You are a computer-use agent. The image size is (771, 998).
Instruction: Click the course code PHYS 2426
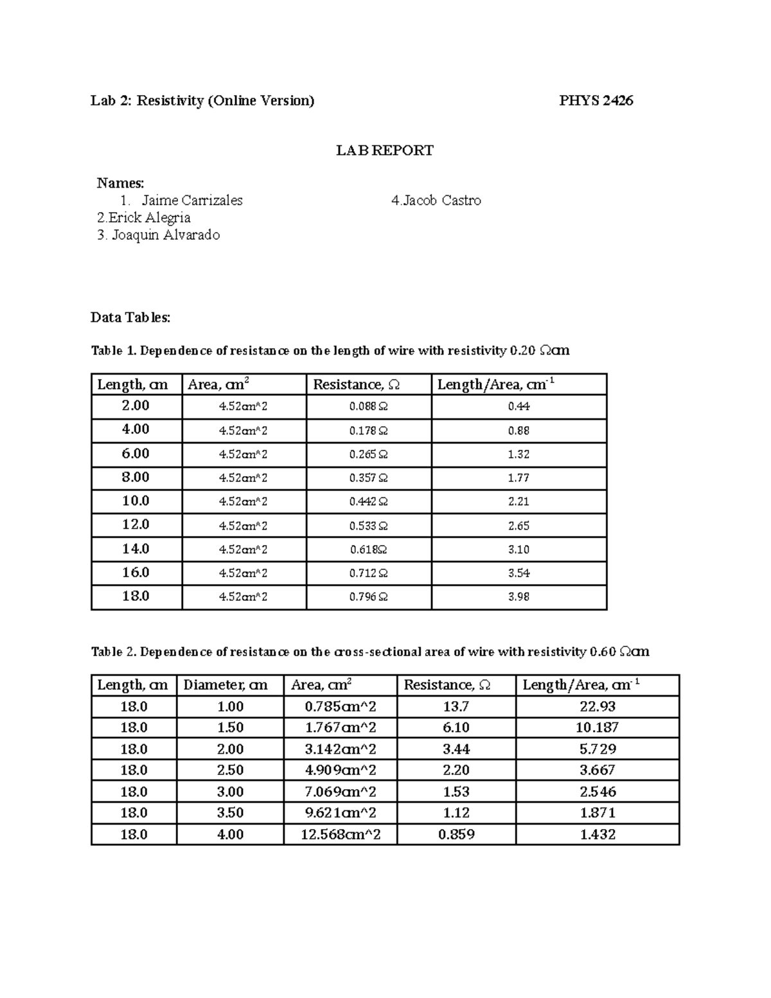pos(596,100)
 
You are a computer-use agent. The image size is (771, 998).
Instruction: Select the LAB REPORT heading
pos(385,150)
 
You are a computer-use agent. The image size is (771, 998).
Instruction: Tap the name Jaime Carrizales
pos(192,200)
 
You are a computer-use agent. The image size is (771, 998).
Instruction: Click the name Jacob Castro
pos(436,200)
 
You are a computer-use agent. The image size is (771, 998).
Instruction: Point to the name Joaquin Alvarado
pos(159,235)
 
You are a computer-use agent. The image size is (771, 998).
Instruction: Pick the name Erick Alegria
pos(144,218)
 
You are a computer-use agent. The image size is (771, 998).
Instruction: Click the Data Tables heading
pos(130,317)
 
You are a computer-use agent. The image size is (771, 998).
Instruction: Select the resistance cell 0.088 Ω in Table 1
pos(368,407)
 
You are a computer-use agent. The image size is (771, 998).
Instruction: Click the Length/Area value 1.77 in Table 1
pos(518,478)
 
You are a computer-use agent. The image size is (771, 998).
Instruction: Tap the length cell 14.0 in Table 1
pos(136,549)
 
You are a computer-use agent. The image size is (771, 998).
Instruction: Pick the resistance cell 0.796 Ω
pos(368,597)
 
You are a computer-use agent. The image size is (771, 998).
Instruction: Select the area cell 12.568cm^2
pos(341,835)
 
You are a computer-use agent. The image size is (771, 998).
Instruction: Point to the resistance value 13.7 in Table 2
pos(456,707)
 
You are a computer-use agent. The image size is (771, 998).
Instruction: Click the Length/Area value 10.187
pos(597,728)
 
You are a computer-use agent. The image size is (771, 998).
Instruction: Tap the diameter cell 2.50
pos(230,771)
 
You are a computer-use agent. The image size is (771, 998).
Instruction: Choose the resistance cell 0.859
pos(456,835)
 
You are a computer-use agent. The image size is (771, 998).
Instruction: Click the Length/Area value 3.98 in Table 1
pos(518,597)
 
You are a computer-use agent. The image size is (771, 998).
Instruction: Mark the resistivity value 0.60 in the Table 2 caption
pos(602,652)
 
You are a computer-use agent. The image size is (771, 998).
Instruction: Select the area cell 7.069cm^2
pos(341,792)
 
